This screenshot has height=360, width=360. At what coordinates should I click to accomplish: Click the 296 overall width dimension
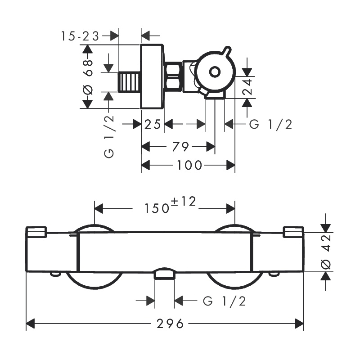point(170,324)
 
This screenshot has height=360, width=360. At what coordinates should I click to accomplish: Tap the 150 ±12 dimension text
point(170,205)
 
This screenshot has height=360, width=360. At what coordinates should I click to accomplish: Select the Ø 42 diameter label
point(326,252)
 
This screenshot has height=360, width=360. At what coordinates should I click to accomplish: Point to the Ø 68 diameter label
point(87,77)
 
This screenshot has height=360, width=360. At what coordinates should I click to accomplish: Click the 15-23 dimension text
point(80,36)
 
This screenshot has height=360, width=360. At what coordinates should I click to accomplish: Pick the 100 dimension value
point(189,165)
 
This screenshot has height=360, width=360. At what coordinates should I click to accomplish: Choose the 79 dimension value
point(180,147)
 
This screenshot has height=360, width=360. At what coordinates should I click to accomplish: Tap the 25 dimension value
point(153,125)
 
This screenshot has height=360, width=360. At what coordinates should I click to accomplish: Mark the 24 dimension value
point(247,87)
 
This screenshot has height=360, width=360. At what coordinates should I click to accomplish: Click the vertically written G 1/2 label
point(109,137)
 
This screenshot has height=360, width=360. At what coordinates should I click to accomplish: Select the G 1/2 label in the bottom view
point(225,301)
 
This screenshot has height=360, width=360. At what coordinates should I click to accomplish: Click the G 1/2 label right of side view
point(271,125)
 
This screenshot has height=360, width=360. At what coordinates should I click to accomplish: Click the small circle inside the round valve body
point(215,72)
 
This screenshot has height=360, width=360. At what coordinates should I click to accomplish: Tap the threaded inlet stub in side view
point(130,82)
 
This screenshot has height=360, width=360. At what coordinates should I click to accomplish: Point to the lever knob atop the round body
point(227,51)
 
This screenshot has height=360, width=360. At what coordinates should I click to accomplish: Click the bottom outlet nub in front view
point(164,274)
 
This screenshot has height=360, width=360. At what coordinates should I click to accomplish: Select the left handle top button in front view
point(36,232)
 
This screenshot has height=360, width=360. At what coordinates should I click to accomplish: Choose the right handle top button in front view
point(293,232)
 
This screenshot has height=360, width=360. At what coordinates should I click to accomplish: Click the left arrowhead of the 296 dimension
point(30,324)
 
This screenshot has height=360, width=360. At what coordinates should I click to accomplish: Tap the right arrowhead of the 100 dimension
point(230,165)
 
